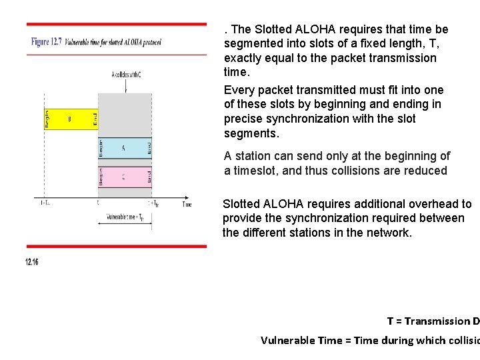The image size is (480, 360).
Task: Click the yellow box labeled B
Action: (x=69, y=119)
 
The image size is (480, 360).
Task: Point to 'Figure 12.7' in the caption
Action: (x=47, y=42)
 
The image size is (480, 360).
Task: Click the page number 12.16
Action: (x=32, y=262)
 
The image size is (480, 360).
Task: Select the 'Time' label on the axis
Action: (x=187, y=204)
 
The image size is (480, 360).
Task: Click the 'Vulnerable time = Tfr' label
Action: (x=126, y=217)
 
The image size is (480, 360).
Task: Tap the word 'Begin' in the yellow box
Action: (x=47, y=119)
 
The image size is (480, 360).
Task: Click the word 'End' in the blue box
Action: (x=149, y=148)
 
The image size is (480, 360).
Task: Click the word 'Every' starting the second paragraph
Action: (x=238, y=90)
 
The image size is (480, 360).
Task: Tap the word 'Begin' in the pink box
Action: (x=101, y=177)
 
